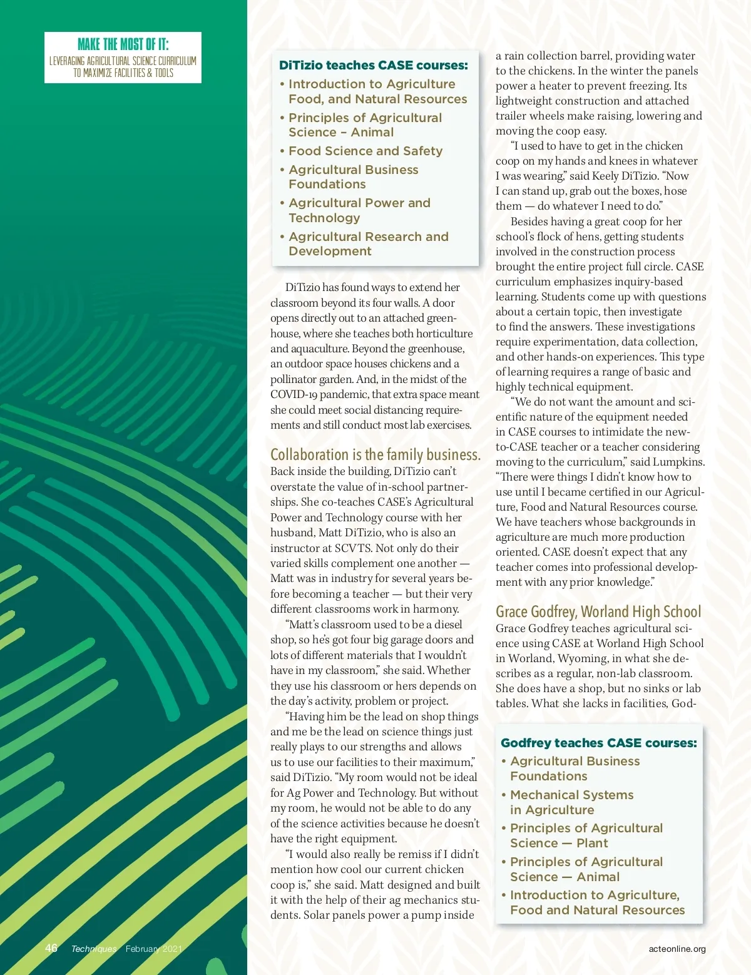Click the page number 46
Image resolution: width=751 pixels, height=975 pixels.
51,948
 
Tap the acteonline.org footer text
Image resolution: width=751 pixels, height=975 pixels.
677,949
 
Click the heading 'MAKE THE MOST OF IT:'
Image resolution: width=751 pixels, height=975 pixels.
123,44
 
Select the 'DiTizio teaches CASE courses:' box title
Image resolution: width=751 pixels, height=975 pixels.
373,65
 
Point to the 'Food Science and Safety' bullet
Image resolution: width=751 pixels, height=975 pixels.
365,151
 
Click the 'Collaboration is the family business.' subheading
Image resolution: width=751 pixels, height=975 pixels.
375,454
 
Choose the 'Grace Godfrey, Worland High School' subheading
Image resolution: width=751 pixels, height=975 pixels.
598,611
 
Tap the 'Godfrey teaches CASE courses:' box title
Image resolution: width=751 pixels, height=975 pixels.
598,743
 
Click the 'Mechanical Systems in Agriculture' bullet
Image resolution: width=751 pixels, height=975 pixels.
571,802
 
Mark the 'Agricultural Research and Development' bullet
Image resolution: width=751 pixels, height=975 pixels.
369,244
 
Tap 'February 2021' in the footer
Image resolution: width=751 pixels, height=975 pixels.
153,949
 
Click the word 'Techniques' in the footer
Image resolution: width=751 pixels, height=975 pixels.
94,949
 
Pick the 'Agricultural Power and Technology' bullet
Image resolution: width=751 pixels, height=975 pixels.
359,210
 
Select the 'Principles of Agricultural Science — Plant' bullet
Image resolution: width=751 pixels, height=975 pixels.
586,835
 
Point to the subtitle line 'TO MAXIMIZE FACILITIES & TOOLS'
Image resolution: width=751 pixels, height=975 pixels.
123,73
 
